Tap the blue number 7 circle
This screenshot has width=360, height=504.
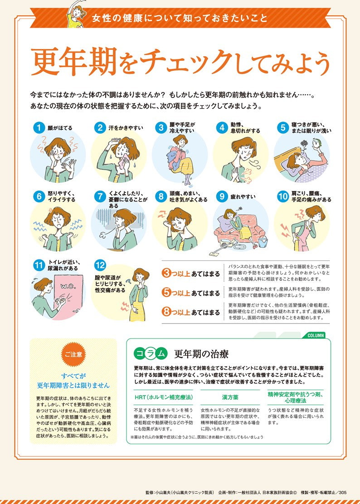[x=99, y=196]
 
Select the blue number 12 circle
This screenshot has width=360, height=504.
[x=100, y=265]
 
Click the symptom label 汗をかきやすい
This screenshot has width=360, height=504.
[x=126, y=128]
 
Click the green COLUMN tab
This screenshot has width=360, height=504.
[x=316, y=335]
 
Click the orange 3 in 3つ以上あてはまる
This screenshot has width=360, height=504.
[x=166, y=274]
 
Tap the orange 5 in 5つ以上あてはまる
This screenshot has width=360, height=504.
[x=166, y=293]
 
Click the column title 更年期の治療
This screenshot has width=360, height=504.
[x=195, y=354]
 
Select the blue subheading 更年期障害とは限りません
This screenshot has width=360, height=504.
[x=73, y=385]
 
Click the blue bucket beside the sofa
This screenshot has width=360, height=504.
[x=263, y=241]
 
